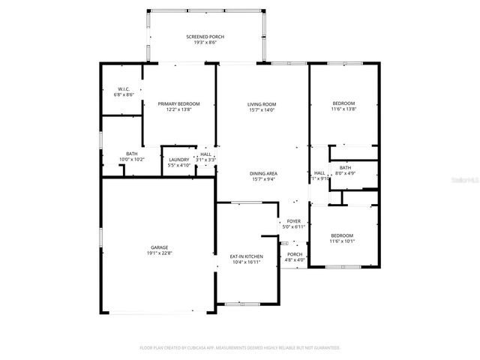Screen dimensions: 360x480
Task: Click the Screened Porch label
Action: (x=205, y=37)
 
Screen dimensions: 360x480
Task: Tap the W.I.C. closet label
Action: (x=124, y=89)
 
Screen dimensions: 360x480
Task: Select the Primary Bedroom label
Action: (x=178, y=103)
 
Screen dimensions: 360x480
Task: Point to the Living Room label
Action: (x=262, y=104)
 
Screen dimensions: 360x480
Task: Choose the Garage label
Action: (x=158, y=247)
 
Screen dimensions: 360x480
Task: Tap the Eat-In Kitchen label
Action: (x=246, y=256)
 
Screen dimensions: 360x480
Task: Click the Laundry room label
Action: (x=178, y=159)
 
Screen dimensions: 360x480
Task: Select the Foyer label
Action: (x=294, y=221)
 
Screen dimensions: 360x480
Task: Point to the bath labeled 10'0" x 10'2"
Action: (x=131, y=153)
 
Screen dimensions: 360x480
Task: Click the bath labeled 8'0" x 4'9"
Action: (x=345, y=167)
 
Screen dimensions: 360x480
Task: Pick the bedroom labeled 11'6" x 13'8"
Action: (x=343, y=103)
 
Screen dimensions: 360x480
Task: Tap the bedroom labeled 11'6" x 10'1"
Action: (x=343, y=235)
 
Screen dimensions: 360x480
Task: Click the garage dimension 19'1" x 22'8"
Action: (x=158, y=253)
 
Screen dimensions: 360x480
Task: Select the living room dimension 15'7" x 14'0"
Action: (x=262, y=110)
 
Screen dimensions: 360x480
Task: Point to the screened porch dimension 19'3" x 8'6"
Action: (x=205, y=43)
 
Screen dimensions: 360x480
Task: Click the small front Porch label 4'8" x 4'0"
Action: (x=295, y=254)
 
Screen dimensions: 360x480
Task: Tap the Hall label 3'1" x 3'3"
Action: (x=205, y=154)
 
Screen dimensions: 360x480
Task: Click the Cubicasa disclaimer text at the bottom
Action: (x=240, y=348)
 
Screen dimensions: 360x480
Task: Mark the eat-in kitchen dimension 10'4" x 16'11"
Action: (x=246, y=262)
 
